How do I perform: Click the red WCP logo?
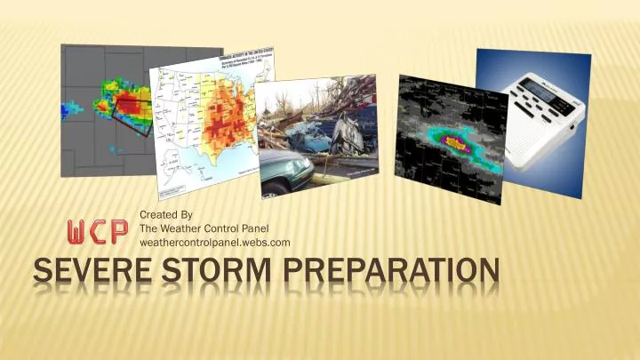98,230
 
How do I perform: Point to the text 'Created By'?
166,215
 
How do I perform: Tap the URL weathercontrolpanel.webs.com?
216,242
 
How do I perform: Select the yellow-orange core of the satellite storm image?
456,139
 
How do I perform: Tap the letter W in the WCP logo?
79,230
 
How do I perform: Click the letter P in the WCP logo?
117,230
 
